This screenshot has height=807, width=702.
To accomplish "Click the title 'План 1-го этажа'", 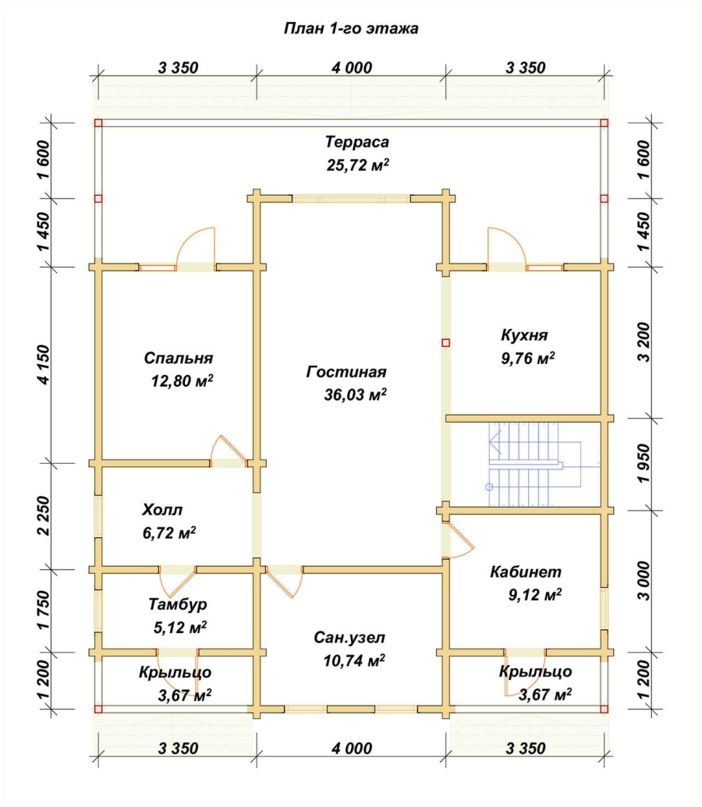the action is (x=351, y=28).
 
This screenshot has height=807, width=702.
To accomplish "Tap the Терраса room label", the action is (x=357, y=142).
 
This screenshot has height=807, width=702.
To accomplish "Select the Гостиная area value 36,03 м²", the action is (x=356, y=395).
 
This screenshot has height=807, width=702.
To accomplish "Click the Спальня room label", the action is (x=178, y=358).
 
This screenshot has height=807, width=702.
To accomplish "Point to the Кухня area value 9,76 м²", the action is (x=528, y=358).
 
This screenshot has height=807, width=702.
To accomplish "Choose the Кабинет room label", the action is (x=526, y=572).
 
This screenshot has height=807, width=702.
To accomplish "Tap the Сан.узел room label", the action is (x=349, y=638).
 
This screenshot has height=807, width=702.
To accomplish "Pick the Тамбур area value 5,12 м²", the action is (x=180, y=628).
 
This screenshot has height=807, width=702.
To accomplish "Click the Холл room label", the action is (x=161, y=510).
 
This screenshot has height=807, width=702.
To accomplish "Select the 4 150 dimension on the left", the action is (x=44, y=365).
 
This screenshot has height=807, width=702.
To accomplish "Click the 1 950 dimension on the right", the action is (x=643, y=464).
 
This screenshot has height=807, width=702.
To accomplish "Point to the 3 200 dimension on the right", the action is (x=643, y=342).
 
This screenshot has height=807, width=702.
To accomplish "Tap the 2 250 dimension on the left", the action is (x=44, y=515).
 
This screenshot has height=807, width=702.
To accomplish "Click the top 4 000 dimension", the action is (x=352, y=67).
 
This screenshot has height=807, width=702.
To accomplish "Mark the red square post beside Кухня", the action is (x=445, y=342).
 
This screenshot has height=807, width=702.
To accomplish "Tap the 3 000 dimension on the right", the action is (x=643, y=581).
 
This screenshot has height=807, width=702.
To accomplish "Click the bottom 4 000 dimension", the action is (x=352, y=748).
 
